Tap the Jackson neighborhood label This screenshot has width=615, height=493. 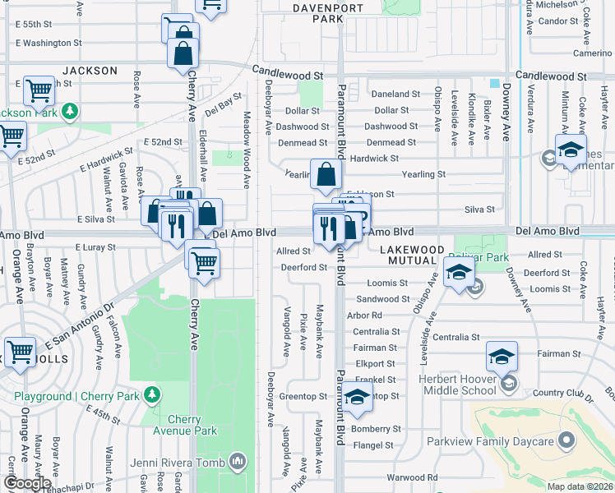click(90, 71)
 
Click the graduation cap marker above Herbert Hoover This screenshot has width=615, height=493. click(502, 356)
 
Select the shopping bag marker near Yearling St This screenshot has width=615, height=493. click(326, 174)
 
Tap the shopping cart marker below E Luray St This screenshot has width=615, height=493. click(203, 263)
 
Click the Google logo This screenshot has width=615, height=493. click(28, 483)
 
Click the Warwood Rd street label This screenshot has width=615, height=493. click(413, 477)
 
